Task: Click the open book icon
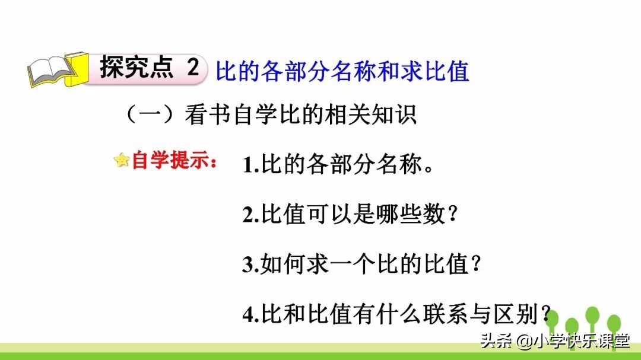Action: tap(52, 71)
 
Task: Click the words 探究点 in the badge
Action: tap(138, 68)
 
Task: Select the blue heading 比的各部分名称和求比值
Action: tap(342, 71)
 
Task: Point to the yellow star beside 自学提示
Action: tap(122, 160)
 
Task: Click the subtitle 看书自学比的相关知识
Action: tap(300, 115)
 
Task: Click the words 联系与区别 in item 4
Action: tap(475, 314)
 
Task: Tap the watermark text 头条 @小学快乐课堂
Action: tap(555, 342)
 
